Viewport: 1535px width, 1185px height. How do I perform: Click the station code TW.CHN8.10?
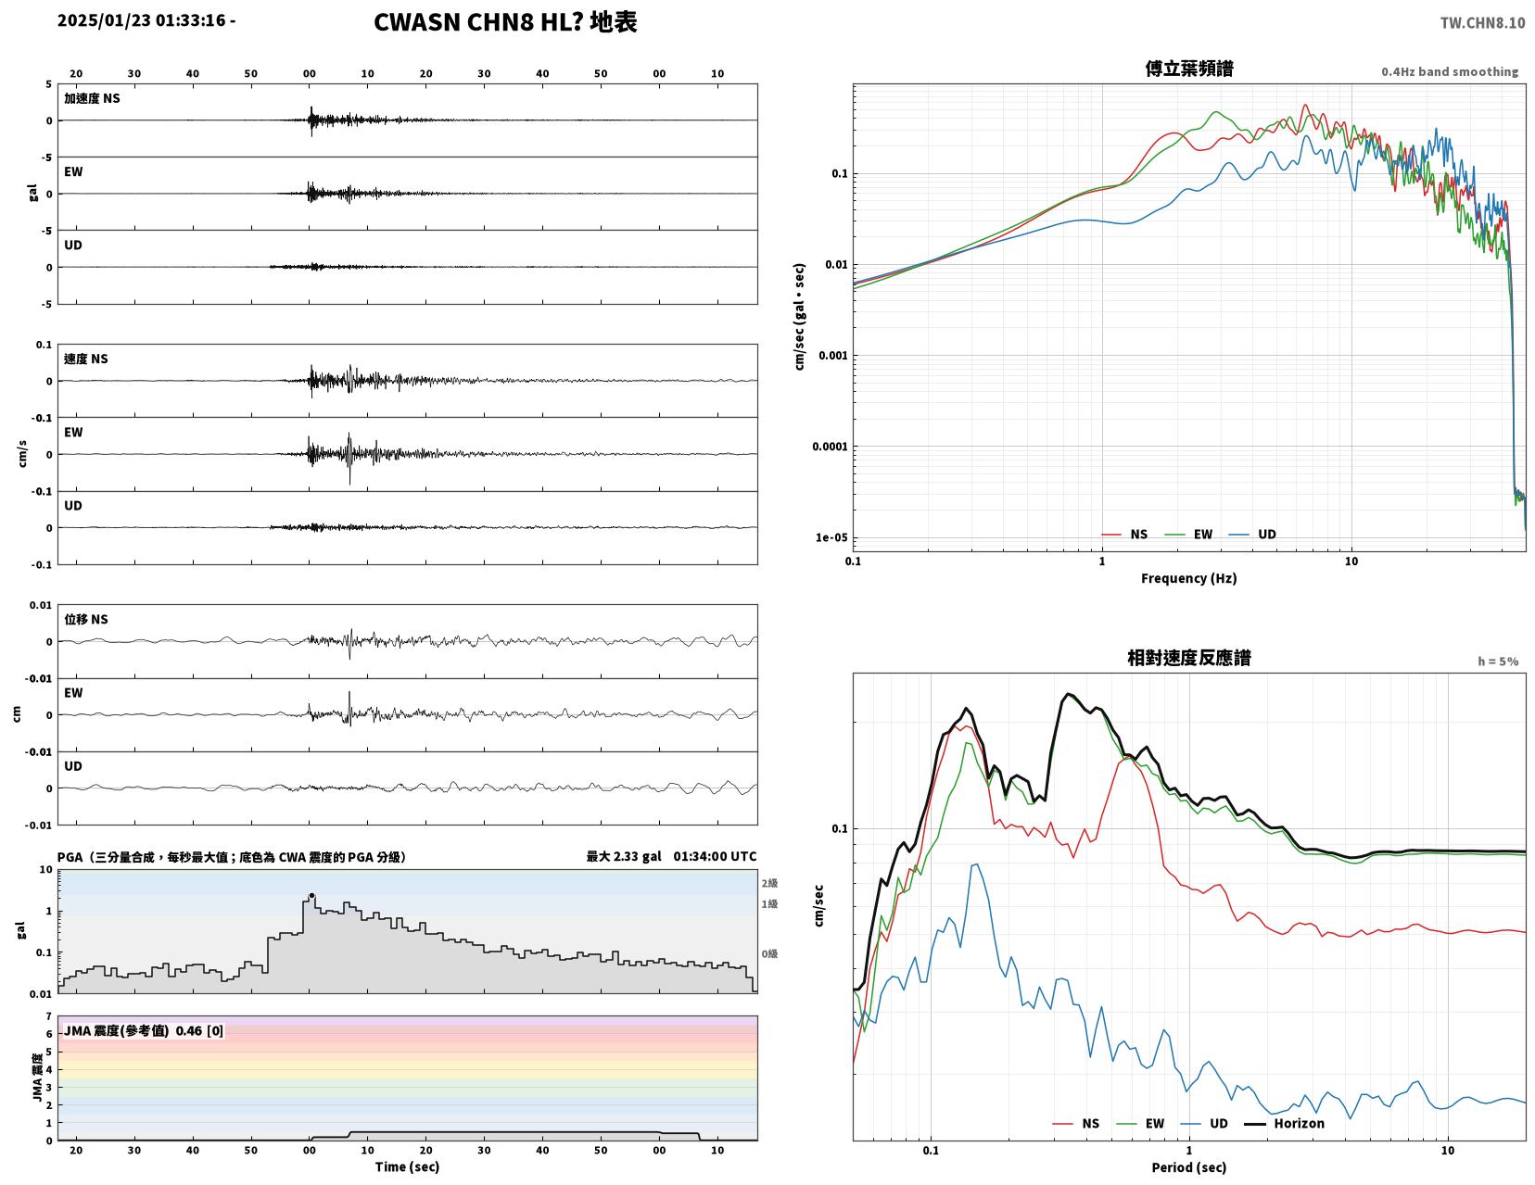click(1482, 23)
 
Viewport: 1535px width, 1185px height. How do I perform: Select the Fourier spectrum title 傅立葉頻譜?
click(1189, 69)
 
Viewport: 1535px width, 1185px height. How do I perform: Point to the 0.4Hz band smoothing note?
click(1450, 71)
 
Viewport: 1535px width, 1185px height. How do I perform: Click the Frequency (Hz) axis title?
click(1189, 578)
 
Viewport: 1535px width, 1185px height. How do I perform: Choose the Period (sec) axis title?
click(1189, 1167)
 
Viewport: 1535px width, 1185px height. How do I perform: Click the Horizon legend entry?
click(1284, 1123)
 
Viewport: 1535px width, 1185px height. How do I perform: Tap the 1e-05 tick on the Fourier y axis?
click(831, 537)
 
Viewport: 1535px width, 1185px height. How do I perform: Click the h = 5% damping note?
click(1498, 662)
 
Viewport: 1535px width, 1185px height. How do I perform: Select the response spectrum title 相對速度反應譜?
click(1189, 658)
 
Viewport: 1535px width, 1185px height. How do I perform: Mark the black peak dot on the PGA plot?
click(311, 896)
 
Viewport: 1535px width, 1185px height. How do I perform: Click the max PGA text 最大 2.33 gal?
click(624, 856)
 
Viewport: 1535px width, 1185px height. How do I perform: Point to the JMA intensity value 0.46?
click(188, 1030)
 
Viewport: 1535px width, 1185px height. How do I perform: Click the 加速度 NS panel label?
click(92, 98)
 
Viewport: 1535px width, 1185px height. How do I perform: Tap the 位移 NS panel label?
click(86, 619)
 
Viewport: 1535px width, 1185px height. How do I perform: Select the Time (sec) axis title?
click(407, 1166)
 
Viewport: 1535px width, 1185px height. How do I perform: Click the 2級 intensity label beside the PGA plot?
click(769, 883)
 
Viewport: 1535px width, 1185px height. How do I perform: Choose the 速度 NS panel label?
click(86, 359)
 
